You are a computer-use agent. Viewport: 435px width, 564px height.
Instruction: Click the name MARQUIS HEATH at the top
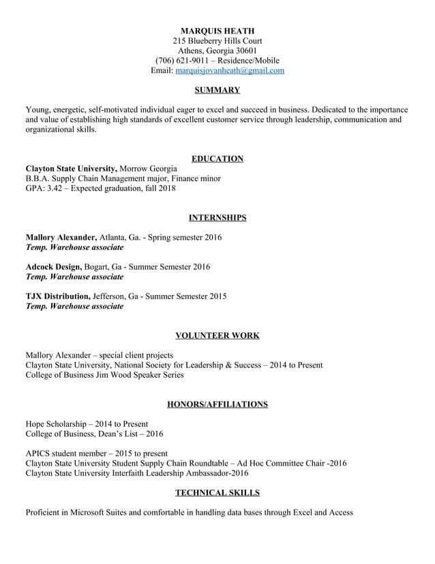tap(217, 31)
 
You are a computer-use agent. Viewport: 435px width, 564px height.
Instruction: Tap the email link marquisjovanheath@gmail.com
tap(230, 70)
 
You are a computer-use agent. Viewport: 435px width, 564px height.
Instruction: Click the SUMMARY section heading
tap(217, 90)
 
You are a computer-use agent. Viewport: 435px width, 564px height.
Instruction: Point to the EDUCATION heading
tap(217, 159)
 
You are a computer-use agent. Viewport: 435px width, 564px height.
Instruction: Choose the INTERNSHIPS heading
tap(217, 218)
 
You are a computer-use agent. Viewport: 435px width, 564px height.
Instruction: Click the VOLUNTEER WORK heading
tap(217, 336)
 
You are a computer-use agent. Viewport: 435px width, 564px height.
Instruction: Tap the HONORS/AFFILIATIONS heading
tap(217, 404)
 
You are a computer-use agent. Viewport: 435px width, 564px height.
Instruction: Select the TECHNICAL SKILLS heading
tap(217, 492)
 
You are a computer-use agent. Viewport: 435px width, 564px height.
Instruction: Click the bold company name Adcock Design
tap(53, 267)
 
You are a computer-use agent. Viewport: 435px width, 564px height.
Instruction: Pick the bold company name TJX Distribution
tap(58, 296)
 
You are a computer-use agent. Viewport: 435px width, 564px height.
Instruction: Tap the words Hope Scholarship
tap(57, 424)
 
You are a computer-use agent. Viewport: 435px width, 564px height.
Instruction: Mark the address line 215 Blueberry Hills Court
tap(217, 40)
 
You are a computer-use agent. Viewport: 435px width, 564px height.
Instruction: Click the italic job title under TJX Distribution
tap(74, 307)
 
